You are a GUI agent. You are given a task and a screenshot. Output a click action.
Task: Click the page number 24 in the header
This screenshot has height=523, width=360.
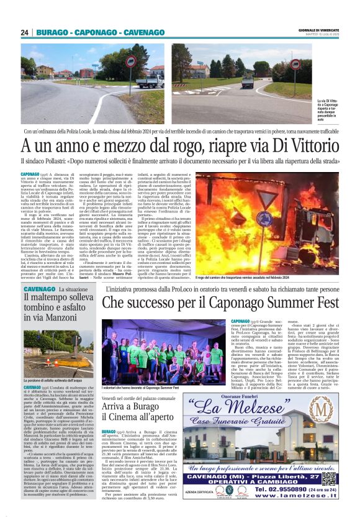[x=25, y=32]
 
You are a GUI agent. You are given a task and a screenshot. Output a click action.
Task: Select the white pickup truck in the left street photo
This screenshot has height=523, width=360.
[x=150, y=80]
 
